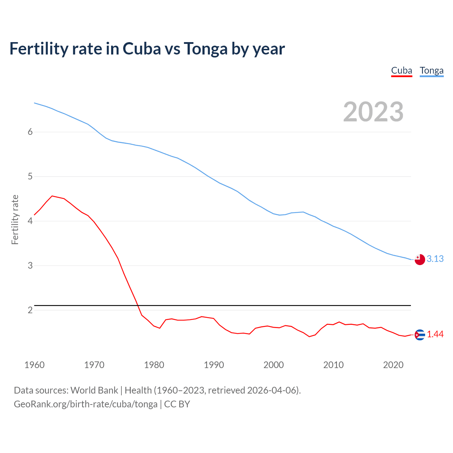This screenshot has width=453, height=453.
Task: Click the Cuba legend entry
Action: click(402, 71)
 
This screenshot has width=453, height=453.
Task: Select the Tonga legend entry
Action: click(431, 71)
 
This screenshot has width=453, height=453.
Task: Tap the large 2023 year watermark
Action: click(373, 112)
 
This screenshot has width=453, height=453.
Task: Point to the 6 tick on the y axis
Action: click(30, 132)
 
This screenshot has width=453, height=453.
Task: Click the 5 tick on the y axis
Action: click(30, 176)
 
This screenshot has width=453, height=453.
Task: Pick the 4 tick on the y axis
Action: click(30, 221)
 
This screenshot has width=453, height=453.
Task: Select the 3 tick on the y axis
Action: click(30, 265)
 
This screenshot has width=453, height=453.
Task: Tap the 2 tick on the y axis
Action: click(30, 310)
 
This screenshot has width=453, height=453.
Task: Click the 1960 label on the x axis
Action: click(34, 365)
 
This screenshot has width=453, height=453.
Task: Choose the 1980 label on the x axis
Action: click(154, 365)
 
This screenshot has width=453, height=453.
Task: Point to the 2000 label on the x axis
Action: click(274, 365)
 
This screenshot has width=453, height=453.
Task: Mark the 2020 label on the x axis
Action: click(393, 365)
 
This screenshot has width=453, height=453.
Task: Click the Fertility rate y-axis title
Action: click(15, 219)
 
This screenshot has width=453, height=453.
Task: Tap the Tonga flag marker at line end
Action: click(420, 259)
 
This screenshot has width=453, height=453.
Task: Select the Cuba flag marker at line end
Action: click(420, 335)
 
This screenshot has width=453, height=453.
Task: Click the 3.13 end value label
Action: click(435, 259)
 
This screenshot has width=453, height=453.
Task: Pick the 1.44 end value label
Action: click(435, 334)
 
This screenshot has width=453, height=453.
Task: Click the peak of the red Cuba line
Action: click(52, 196)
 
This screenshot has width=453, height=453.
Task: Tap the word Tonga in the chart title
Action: click(205, 49)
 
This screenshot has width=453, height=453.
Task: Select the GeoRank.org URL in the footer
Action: click(86, 404)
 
